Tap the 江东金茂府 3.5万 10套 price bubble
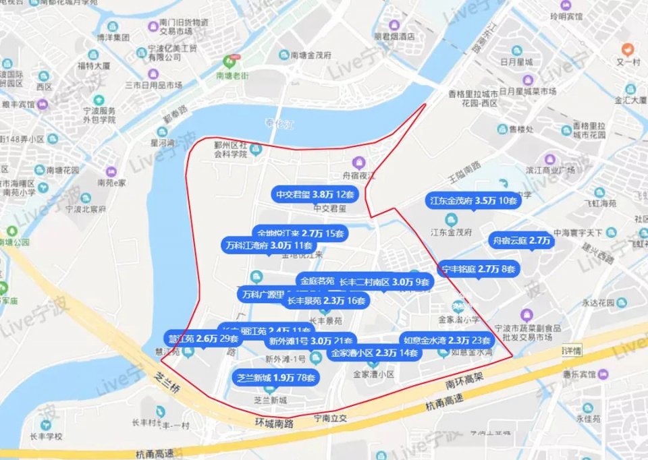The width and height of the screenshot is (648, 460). [x=473, y=200]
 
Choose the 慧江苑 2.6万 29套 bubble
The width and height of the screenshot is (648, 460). [x=202, y=338]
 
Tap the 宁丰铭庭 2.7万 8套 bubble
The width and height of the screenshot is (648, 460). [x=479, y=268]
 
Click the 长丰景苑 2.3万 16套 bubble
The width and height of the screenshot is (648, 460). [x=327, y=300]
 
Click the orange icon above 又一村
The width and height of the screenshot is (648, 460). [x=628, y=49]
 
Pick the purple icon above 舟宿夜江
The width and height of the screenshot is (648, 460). [x=358, y=161]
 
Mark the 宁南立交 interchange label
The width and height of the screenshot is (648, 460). [x=330, y=418]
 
